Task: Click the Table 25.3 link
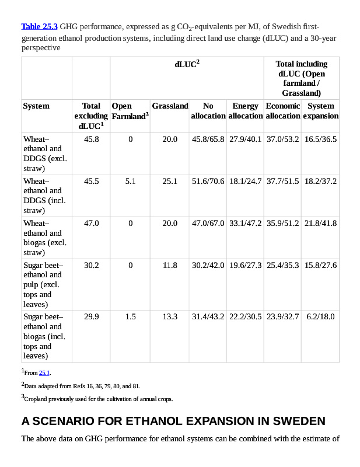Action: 39,27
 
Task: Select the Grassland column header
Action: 170,106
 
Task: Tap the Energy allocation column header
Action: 245,111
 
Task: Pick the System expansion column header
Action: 320,111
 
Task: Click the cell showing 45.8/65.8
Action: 208,140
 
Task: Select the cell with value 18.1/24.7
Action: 245,182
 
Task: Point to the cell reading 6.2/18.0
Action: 320,317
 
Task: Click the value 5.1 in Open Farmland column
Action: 131,182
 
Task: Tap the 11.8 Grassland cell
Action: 170,266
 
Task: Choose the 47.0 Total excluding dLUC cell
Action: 92,224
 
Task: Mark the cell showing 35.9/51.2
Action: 282,224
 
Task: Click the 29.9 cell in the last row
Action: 92,317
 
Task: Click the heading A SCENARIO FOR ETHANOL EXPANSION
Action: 173,421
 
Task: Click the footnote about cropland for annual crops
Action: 99,399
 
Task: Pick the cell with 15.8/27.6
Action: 320,266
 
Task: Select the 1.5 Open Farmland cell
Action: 131,317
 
